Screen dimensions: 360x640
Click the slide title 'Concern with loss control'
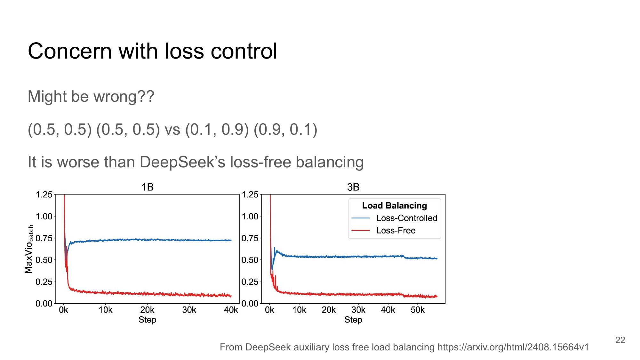[152, 51]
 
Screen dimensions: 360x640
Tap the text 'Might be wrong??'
[91, 96]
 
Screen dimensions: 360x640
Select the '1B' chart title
[148, 187]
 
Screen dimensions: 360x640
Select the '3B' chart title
[353, 187]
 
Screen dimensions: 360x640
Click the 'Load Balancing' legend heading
[394, 205]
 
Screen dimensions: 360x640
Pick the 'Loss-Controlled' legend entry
[406, 218]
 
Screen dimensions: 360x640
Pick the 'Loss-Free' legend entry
[396, 230]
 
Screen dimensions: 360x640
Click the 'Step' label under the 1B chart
[147, 320]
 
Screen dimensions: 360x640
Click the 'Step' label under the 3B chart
[353, 320]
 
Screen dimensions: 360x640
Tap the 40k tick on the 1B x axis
[231, 310]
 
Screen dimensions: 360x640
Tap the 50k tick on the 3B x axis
[418, 310]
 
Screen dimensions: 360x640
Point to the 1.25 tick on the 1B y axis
[44, 195]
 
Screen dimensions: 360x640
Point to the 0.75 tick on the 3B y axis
[250, 238]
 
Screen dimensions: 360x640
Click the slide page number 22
[620, 340]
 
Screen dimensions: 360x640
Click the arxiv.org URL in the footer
[513, 347]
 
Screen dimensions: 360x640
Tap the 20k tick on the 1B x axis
[147, 310]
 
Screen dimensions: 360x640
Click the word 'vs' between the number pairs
[172, 130]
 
